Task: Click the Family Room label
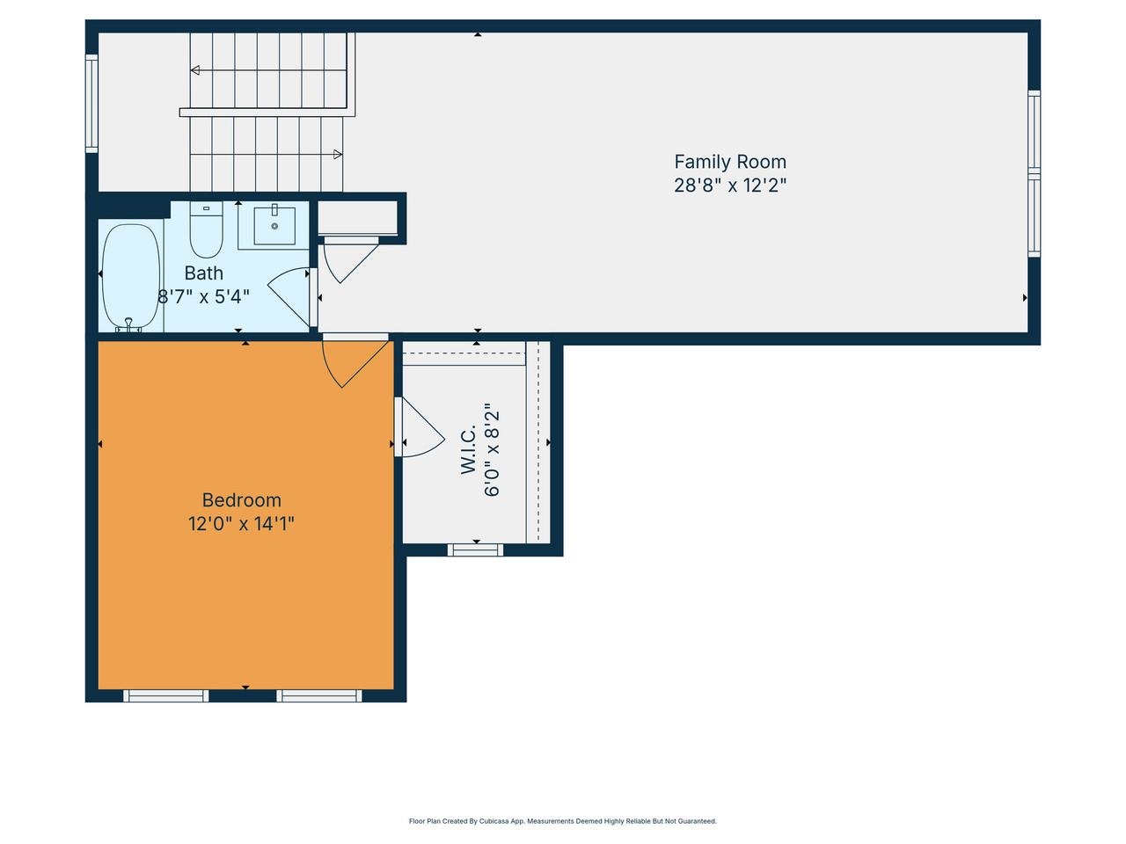[x=729, y=162]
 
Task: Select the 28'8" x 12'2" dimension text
[x=729, y=186]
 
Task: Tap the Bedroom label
[x=242, y=500]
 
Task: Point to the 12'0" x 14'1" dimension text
[x=242, y=524]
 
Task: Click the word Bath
[x=203, y=273]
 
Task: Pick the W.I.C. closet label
[x=469, y=450]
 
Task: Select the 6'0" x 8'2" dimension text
[x=492, y=450]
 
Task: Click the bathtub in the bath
[x=131, y=277]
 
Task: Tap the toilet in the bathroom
[x=206, y=230]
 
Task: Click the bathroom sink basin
[x=274, y=226]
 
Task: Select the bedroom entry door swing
[x=352, y=360]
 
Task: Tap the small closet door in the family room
[x=348, y=258]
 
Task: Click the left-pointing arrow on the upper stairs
[x=195, y=70]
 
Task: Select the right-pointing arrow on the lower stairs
[x=338, y=155]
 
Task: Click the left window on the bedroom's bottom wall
[x=166, y=695]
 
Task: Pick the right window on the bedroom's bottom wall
[x=319, y=695]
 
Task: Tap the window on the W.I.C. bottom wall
[x=476, y=550]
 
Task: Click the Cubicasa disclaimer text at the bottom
[x=563, y=821]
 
